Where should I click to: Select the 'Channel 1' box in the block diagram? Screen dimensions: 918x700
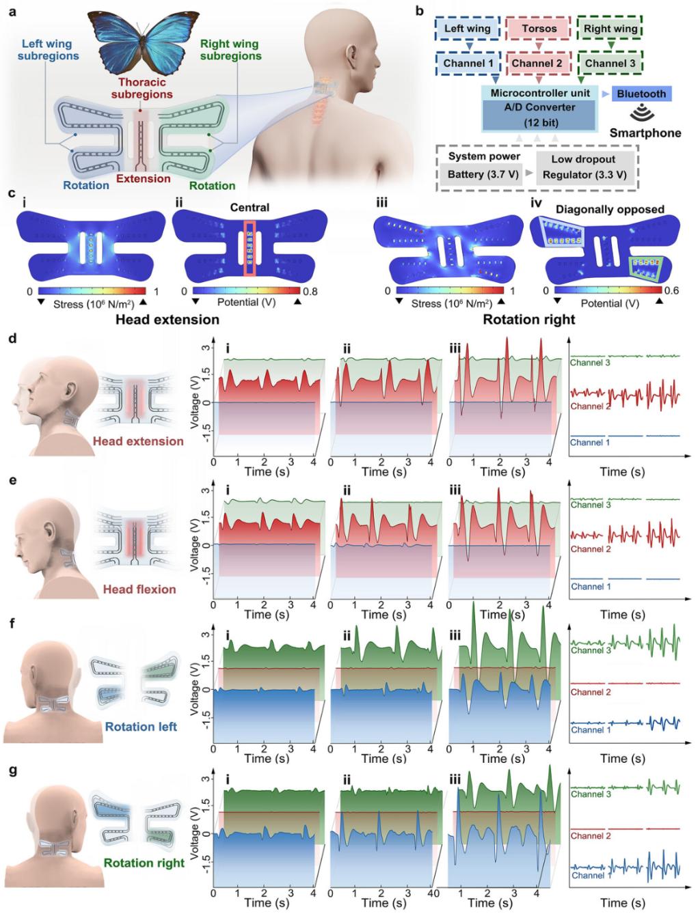(x=468, y=64)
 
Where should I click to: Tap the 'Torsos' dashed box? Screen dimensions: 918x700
(x=539, y=29)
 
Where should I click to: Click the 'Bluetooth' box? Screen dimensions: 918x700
(x=641, y=94)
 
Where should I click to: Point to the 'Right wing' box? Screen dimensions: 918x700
(x=610, y=29)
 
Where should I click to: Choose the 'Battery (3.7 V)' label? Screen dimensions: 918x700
(x=483, y=174)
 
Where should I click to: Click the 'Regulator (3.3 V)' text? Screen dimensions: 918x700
(x=584, y=174)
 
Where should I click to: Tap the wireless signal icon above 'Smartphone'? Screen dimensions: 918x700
(x=642, y=114)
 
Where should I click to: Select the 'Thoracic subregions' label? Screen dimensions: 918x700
(x=142, y=88)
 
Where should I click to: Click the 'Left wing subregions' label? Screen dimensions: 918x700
(x=48, y=50)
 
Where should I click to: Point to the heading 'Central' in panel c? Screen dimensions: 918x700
(x=250, y=207)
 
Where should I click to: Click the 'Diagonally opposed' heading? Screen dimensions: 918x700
(x=609, y=210)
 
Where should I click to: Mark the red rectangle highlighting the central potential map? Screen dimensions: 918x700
(x=250, y=248)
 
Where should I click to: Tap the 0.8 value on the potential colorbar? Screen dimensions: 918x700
(x=310, y=291)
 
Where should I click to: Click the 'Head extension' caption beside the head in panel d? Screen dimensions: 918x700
(x=138, y=441)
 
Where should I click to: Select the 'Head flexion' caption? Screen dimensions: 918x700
(x=139, y=589)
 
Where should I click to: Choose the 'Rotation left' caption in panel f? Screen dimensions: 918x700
(x=141, y=727)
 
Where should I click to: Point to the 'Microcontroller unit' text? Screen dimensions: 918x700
(x=540, y=94)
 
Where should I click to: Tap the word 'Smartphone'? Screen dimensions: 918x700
(x=645, y=133)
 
